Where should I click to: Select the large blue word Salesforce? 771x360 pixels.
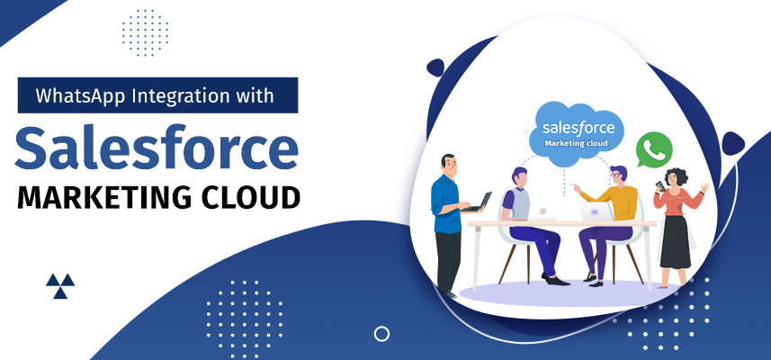coord(157,147)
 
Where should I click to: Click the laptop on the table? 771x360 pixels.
coord(594,213)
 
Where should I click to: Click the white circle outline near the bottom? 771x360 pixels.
coord(382,334)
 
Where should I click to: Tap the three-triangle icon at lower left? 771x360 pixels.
coord(60,285)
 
